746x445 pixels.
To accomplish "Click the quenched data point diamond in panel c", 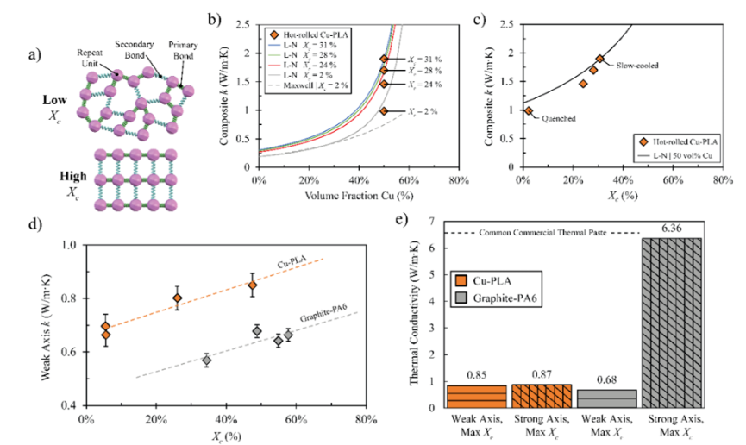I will point(529,110).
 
